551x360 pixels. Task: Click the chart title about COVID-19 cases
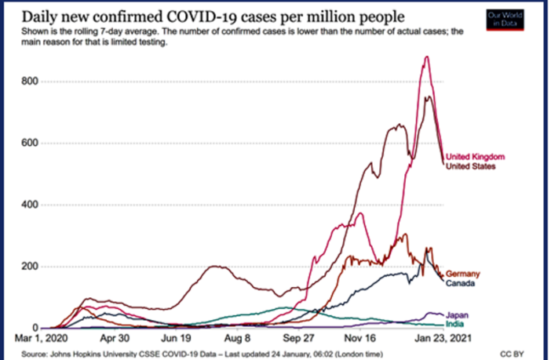click(x=205, y=16)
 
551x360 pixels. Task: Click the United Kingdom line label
click(x=475, y=158)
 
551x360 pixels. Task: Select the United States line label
click(x=470, y=166)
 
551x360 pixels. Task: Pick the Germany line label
click(x=462, y=274)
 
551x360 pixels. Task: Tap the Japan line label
click(x=457, y=315)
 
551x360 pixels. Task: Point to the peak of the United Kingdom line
click(x=426, y=56)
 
